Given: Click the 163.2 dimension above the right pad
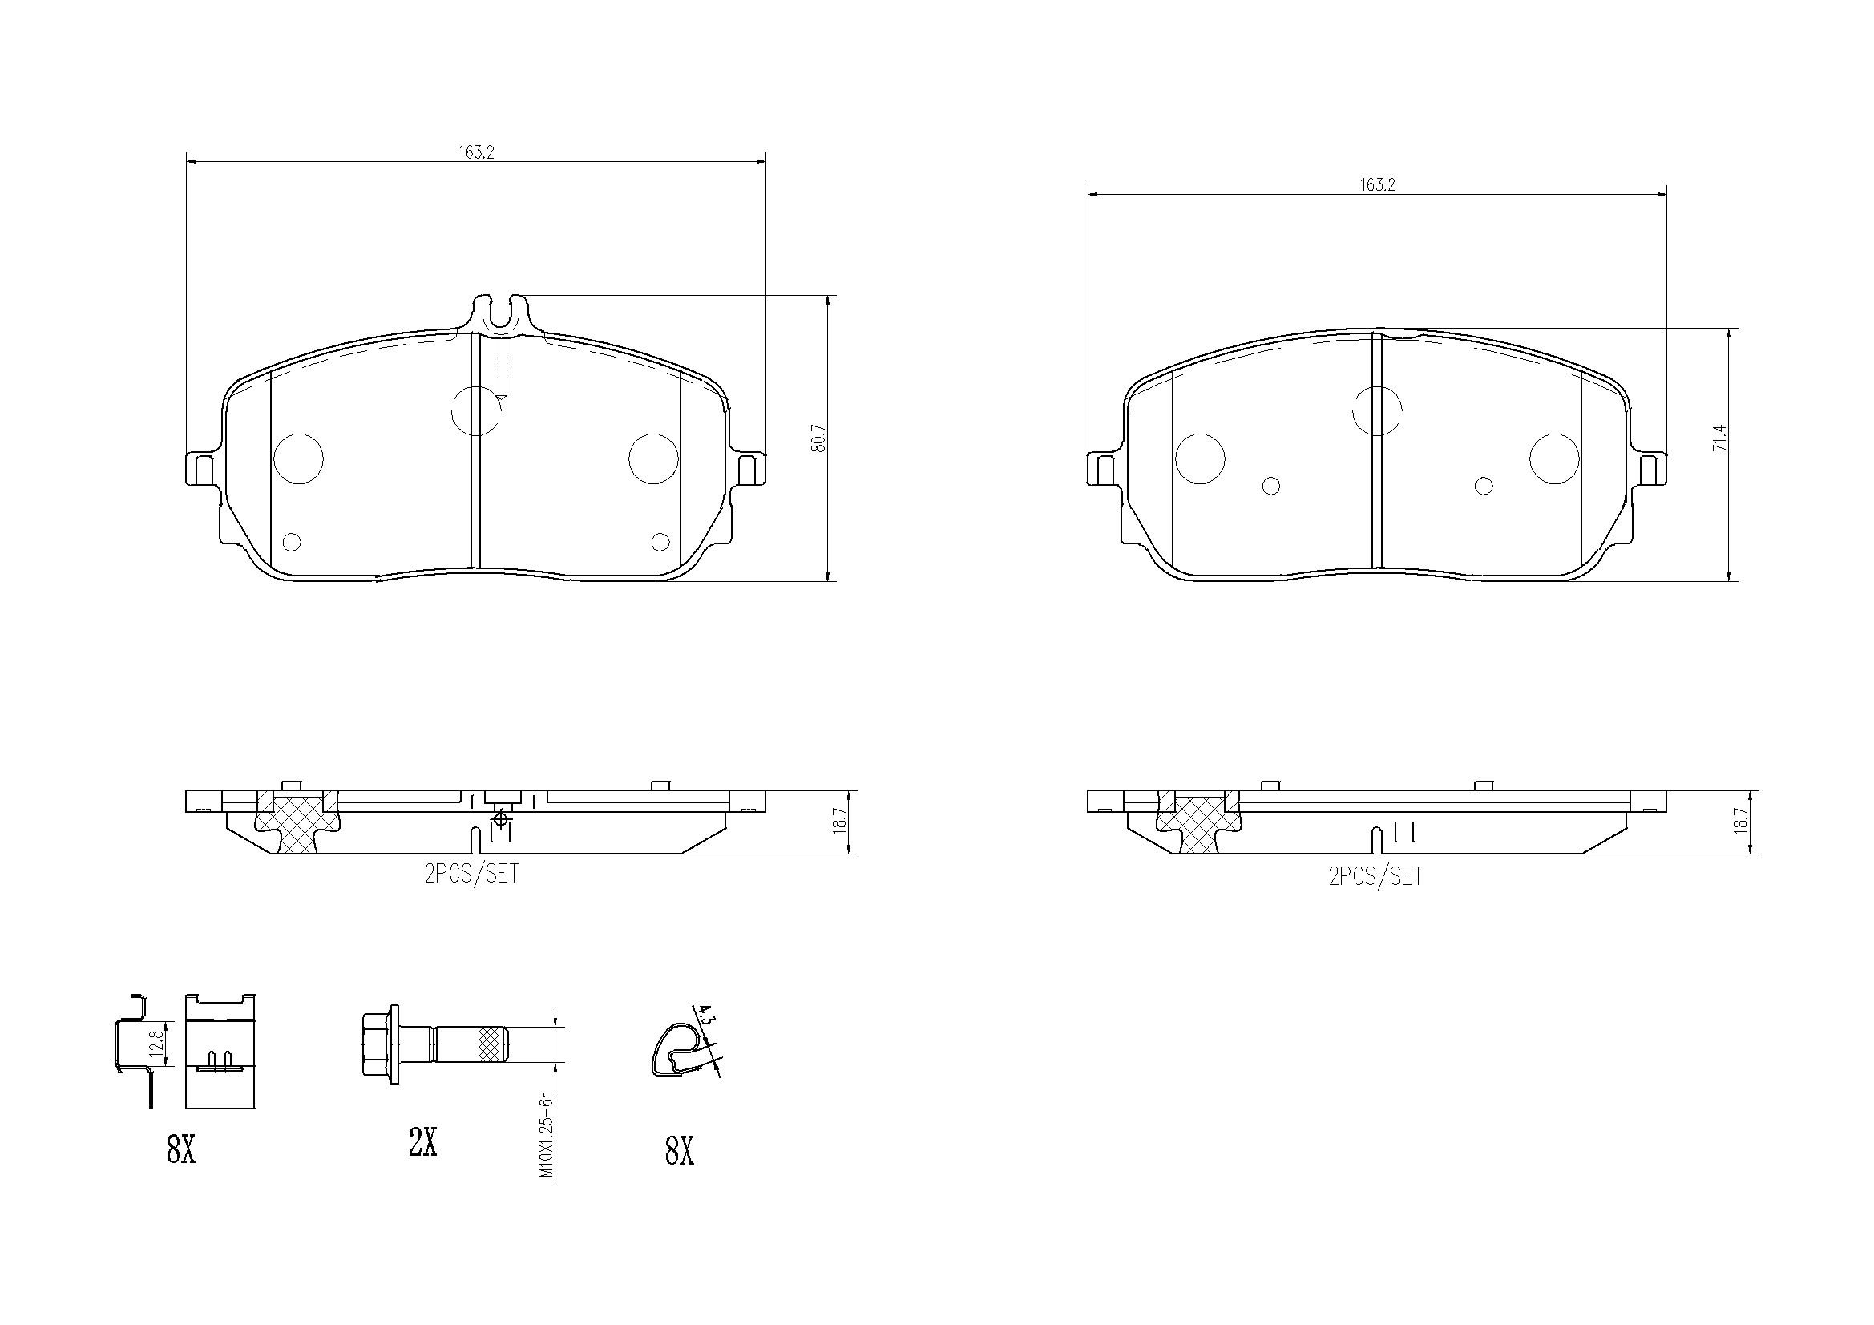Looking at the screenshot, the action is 1377,184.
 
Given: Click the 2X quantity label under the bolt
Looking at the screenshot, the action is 422,1143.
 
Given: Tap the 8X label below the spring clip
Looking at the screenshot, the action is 679,1151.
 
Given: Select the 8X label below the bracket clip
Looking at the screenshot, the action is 180,1151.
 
